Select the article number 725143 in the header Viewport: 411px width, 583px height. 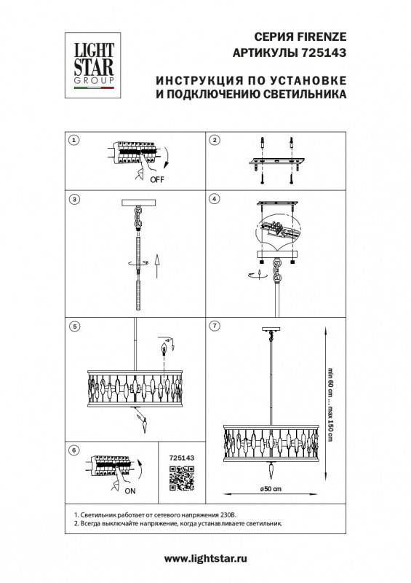coord(324,52)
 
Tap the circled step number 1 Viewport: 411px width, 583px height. coord(73,140)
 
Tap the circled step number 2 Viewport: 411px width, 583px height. coord(215,140)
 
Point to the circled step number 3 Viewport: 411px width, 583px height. coord(73,198)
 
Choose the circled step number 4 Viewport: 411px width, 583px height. coord(215,198)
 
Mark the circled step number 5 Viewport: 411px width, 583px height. coord(73,326)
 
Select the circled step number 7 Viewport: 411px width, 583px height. coord(215,326)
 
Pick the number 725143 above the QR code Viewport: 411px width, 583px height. coord(180,458)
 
